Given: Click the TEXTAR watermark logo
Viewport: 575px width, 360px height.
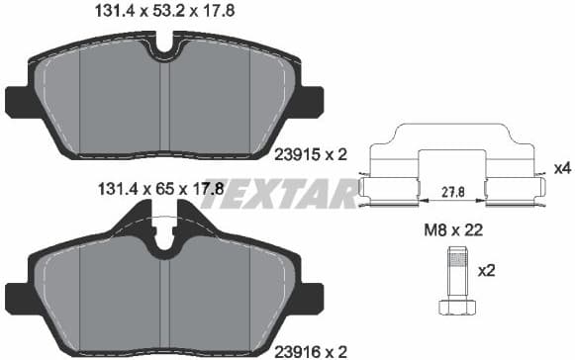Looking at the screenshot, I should (280, 192).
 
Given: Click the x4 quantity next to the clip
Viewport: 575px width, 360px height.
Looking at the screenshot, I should (561, 167).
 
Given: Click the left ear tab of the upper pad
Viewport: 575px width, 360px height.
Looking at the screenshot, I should (18, 100).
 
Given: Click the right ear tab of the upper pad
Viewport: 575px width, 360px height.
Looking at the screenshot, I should (312, 100).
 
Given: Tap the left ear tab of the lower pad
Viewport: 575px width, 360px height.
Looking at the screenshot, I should (18, 295).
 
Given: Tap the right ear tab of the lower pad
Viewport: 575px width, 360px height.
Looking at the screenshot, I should (312, 295).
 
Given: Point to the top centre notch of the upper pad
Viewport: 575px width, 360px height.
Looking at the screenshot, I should (165, 45).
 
